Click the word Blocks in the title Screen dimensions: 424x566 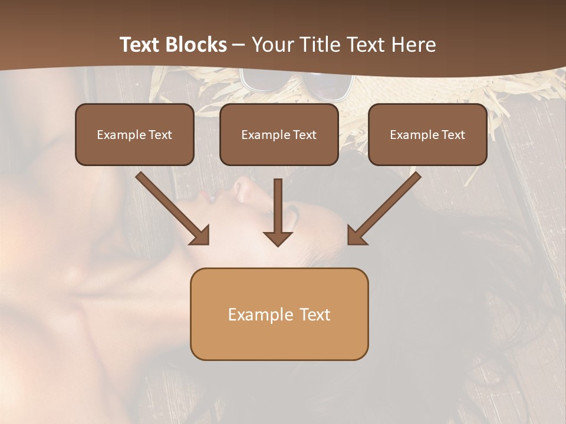196,45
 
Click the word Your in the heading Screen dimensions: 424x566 271,45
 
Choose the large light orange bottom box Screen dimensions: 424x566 279,339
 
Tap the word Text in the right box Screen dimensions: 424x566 453,135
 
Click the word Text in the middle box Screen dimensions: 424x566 305,135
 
